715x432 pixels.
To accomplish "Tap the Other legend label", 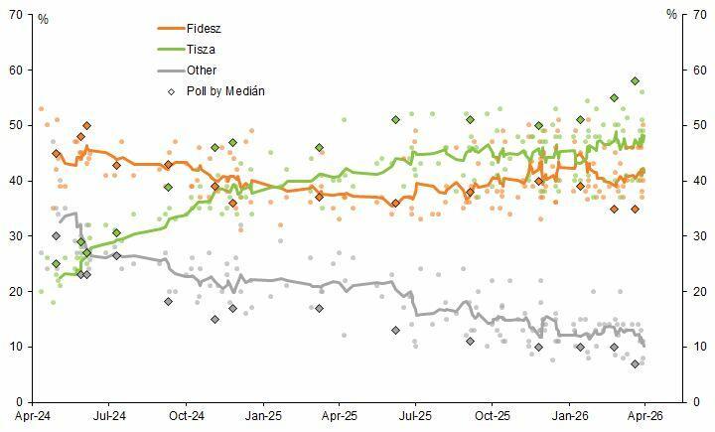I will click(x=202, y=70).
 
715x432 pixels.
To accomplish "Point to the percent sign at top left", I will click(x=42, y=18).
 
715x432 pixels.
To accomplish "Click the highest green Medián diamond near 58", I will click(x=635, y=81).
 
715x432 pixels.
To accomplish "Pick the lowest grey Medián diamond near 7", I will click(x=635, y=364).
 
